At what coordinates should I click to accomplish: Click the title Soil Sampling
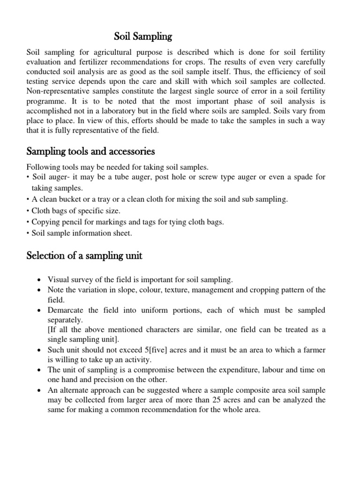click(x=144, y=36)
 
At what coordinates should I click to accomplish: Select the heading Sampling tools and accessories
click(x=91, y=152)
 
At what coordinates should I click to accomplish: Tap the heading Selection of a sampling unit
click(x=84, y=256)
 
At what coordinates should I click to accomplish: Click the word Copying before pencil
click(x=45, y=222)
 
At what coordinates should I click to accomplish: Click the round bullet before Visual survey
click(x=39, y=280)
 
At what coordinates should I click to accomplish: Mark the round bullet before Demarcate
click(x=39, y=311)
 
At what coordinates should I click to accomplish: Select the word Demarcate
click(x=66, y=310)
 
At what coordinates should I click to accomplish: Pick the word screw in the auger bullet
click(x=195, y=177)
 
